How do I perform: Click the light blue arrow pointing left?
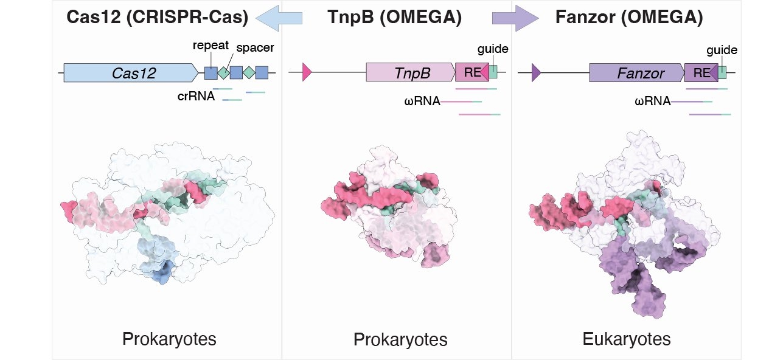(279, 18)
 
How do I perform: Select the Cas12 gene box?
(131, 73)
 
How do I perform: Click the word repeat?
(211, 46)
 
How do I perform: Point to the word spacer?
(255, 47)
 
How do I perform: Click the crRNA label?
(199, 95)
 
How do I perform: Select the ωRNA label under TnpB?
(422, 101)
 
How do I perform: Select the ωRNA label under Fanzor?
(652, 101)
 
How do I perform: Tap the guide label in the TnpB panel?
(493, 49)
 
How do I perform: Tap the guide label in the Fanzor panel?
(722, 50)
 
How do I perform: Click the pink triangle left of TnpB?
(307, 73)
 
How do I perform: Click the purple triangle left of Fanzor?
(535, 73)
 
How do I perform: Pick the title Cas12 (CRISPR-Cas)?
(157, 18)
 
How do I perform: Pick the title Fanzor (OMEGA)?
(629, 18)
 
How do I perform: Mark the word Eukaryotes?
(627, 338)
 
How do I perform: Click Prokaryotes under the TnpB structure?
(400, 339)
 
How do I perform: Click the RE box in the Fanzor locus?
(701, 73)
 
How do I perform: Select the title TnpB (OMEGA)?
(394, 18)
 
